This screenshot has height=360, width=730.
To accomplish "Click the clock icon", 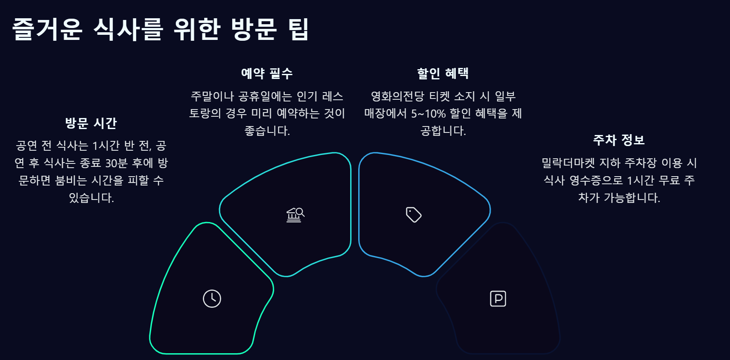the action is point(212,298).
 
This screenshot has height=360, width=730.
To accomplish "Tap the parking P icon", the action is point(498,298).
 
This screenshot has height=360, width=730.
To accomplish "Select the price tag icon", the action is point(413,214).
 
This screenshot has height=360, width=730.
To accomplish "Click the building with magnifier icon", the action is point(295,215).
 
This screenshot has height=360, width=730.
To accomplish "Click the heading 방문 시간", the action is point(91,123).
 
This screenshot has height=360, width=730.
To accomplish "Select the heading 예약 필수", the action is point(267,73).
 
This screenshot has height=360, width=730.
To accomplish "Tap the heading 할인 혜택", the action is point(443,73).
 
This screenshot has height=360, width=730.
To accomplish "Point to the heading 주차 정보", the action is point(619,140).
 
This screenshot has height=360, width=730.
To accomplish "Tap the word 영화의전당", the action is point(397,96).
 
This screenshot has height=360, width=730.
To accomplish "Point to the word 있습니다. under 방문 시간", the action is point(91,198).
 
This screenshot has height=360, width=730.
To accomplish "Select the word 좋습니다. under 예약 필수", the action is point(267,131).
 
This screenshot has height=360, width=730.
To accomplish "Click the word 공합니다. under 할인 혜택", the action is point(443,131).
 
